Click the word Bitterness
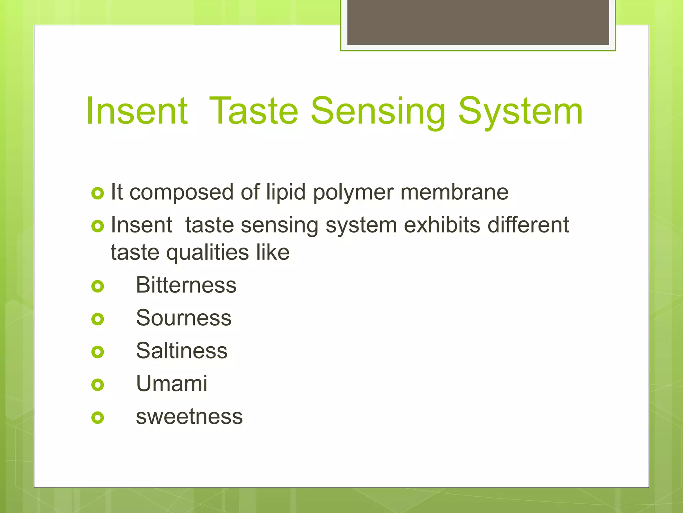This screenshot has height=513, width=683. click(x=186, y=285)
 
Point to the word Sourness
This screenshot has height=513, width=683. click(x=183, y=318)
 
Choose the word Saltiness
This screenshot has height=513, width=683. click(x=182, y=351)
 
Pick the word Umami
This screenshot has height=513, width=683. click(x=172, y=383)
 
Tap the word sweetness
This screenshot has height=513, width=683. click(x=189, y=416)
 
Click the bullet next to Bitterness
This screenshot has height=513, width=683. click(x=98, y=286)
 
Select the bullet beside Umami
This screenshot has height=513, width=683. click(x=98, y=385)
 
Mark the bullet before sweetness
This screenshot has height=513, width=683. click(x=98, y=417)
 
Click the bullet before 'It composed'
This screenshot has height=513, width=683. click(x=98, y=193)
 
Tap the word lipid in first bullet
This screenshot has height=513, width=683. click(x=285, y=193)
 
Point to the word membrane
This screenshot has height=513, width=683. click(x=454, y=192)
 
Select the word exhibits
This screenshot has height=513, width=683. click(x=442, y=225)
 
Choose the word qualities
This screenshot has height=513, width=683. click(x=207, y=253)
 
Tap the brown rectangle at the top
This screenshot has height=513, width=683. click(x=478, y=22)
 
